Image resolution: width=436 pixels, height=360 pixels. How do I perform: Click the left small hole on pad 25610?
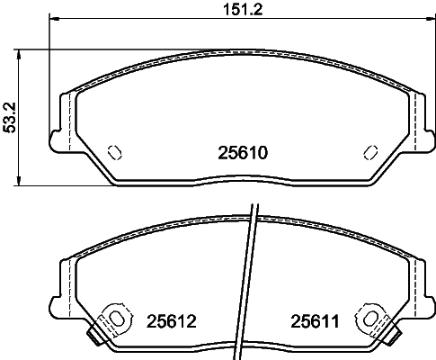[114, 151]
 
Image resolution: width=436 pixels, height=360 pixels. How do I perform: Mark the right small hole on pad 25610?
[369, 151]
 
